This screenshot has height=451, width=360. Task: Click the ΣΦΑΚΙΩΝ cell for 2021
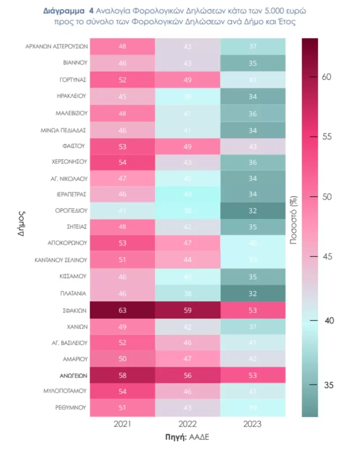[x=122, y=311]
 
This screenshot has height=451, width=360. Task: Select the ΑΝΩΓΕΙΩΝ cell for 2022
[x=187, y=377]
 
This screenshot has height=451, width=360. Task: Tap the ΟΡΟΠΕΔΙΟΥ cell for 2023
[x=252, y=210]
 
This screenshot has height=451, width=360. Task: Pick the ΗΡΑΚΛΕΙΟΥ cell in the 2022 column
[x=187, y=96]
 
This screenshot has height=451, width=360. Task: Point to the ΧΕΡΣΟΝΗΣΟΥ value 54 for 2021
[x=122, y=162]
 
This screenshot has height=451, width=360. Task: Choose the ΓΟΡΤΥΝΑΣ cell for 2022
[x=187, y=80]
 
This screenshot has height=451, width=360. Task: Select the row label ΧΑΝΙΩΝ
[x=76, y=327]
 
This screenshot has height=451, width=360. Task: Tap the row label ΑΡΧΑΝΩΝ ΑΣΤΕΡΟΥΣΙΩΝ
[x=57, y=46]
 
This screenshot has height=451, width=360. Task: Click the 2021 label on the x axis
[x=122, y=424]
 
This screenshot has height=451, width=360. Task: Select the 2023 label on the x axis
[x=252, y=424]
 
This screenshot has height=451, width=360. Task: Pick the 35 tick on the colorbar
[x=328, y=385]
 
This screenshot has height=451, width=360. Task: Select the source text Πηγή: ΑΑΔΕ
[x=187, y=437]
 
